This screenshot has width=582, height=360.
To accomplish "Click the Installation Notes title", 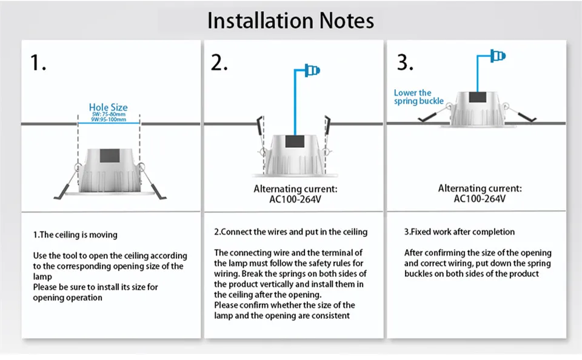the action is (x=290, y=21).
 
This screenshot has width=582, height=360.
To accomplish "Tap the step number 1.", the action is (x=38, y=62).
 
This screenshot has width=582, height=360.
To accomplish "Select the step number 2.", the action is (x=219, y=62).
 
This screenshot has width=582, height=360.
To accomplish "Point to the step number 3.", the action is (x=405, y=62).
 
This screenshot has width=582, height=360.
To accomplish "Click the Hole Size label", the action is (x=108, y=107).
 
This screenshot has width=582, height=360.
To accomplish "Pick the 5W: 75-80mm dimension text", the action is (x=109, y=115).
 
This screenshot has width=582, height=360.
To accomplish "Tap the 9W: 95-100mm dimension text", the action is (x=109, y=119).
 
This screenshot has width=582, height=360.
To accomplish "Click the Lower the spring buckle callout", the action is (x=419, y=97).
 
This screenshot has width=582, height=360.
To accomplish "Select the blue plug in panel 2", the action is (x=312, y=70).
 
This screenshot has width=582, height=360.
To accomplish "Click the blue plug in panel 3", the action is (x=498, y=56).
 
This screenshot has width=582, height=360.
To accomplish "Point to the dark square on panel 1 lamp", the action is (x=110, y=156).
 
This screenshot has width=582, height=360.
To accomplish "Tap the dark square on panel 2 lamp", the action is (x=295, y=141).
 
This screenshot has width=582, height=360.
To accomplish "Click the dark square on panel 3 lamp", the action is (x=477, y=97).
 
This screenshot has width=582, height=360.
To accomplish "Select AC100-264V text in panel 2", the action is (x=295, y=199).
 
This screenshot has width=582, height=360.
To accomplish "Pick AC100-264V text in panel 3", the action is (x=480, y=199).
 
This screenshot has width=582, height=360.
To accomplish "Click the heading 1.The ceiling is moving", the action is (x=75, y=235).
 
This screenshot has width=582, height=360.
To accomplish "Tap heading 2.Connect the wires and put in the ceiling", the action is (x=290, y=232).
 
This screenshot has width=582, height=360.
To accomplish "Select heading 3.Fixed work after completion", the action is (x=460, y=232).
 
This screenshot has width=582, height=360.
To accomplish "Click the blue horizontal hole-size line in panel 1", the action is (x=109, y=123).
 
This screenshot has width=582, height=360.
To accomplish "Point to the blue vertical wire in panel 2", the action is (x=295, y=102).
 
